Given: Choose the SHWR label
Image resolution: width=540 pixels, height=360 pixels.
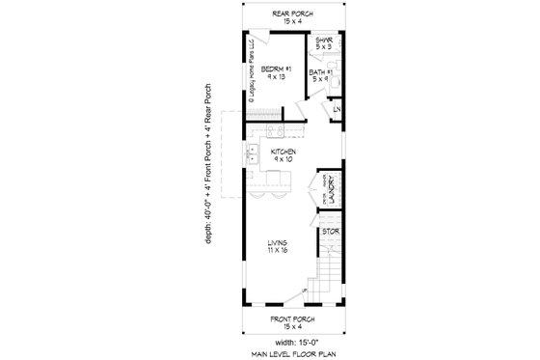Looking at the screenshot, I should (324, 41).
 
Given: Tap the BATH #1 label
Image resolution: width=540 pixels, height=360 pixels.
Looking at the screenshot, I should (321, 72).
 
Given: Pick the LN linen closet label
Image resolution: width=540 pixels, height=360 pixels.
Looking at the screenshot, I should (337, 110).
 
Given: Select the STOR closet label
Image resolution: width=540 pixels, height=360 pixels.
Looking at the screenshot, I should (330, 232).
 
